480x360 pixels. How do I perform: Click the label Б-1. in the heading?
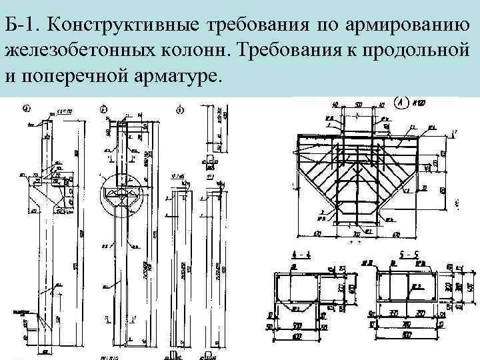(24, 26)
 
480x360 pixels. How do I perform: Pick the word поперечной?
(69, 74)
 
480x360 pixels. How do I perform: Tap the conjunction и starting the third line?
(9, 74)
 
